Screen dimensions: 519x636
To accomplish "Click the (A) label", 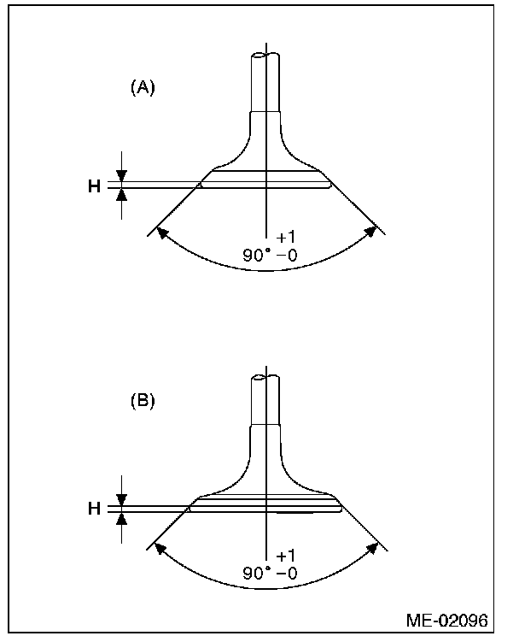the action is (x=143, y=88).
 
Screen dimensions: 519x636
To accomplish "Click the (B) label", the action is (x=143, y=401).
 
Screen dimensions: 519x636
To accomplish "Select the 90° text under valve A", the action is (x=257, y=254).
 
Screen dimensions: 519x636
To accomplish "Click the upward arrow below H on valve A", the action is (x=122, y=194).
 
